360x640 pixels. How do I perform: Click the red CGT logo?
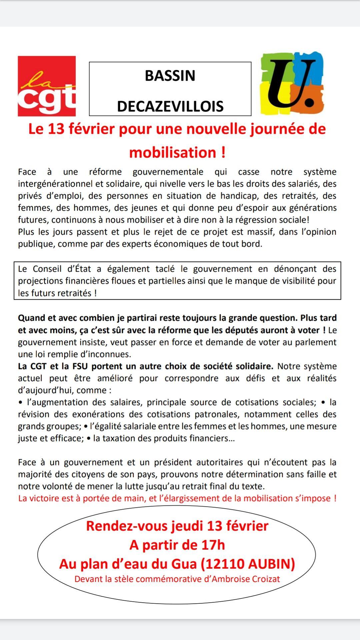tap(47, 86)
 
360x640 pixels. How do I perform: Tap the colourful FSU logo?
tap(292, 83)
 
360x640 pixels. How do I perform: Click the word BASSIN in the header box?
tap(170, 76)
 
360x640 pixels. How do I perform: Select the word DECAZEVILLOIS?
tap(170, 106)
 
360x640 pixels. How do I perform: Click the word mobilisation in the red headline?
tap(173, 153)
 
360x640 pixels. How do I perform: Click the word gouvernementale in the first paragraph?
tap(168, 172)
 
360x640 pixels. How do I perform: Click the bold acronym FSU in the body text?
tap(80, 366)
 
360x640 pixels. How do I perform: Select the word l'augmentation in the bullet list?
tap(56, 402)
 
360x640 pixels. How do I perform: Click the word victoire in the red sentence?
tap(48, 499)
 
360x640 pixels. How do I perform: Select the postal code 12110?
tap(225, 564)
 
